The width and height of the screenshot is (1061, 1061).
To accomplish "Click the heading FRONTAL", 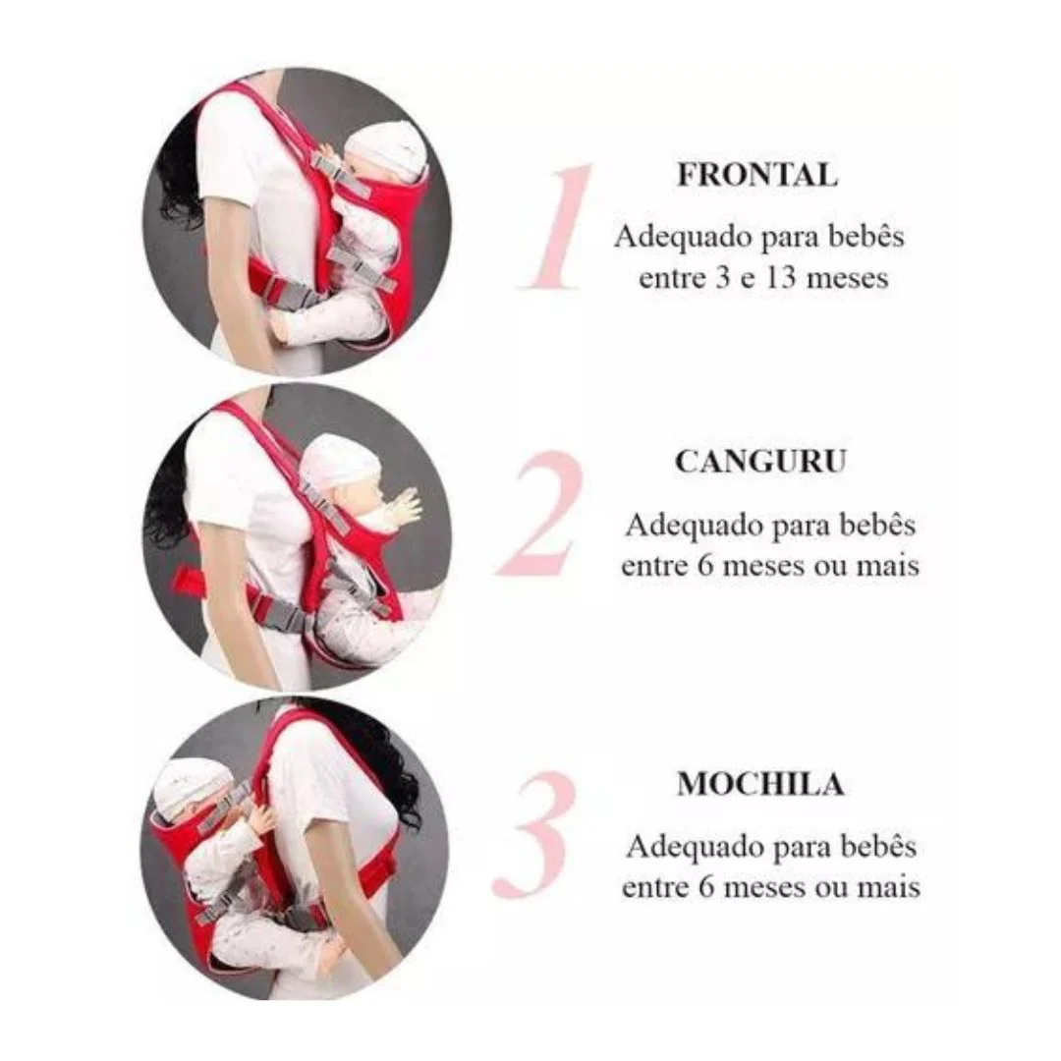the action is (757, 175).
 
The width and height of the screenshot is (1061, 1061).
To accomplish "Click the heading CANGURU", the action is (760, 462).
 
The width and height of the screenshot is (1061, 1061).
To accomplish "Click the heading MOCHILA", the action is (760, 784).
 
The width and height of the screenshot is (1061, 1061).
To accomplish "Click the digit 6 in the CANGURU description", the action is (705, 566).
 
